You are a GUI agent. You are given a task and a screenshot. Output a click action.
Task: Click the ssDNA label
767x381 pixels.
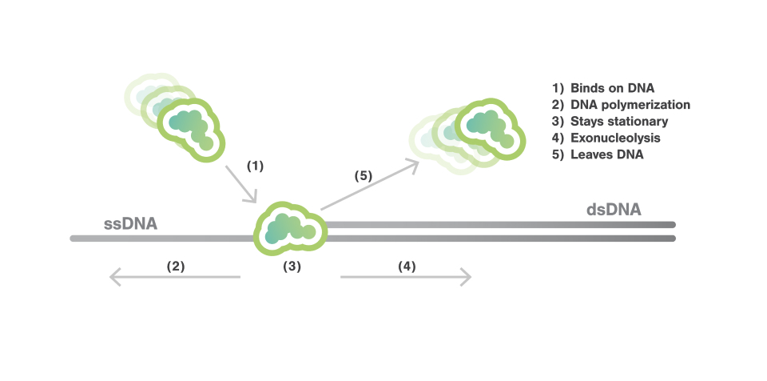coord(130,223)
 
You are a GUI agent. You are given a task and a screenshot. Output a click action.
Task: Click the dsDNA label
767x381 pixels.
coord(614,210)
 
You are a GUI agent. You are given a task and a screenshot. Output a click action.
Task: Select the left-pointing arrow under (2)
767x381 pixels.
coord(175,277)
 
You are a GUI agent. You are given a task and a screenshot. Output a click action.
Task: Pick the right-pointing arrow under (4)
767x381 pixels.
coord(406,277)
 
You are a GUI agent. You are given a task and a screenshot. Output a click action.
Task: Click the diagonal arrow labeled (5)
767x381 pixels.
coord(370,185)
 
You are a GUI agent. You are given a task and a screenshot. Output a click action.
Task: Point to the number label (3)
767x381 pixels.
coord(292,267)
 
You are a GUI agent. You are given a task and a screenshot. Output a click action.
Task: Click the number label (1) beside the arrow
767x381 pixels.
coord(254,166)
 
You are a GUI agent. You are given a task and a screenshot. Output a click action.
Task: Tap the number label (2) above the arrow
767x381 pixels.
coord(175,266)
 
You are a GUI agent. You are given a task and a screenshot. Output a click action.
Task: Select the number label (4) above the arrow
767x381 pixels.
coord(407,266)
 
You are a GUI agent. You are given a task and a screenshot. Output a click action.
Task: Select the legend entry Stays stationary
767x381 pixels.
coord(619,122)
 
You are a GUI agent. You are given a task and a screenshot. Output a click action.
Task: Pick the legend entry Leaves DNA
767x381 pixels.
coord(606,155)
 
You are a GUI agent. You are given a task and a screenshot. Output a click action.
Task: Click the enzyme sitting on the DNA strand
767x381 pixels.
coord(290,229)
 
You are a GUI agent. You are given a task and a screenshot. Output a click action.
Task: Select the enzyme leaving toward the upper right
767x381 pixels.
coord(483,126)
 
